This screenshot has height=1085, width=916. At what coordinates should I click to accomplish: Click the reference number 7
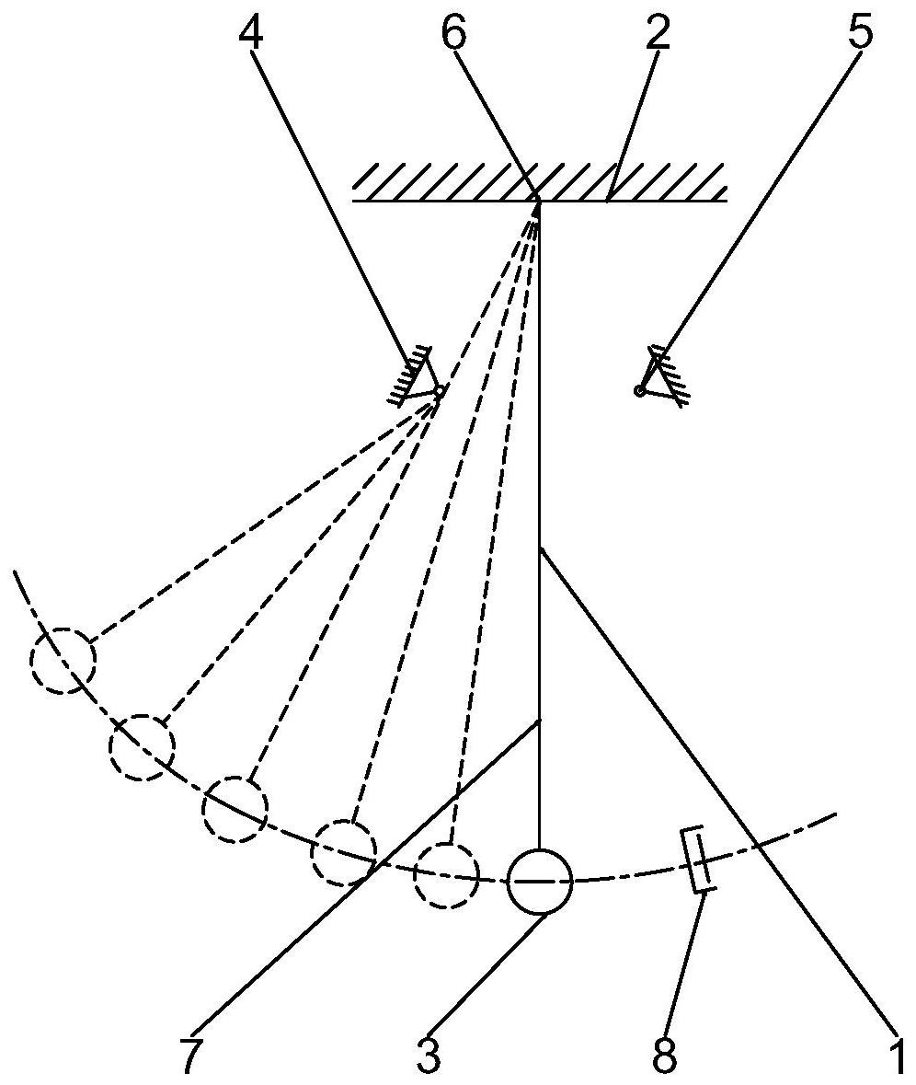(x=189, y=1057)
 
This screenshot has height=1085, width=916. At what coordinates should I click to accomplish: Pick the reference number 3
(x=429, y=1057)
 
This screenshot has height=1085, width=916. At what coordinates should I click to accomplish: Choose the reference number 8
(x=665, y=1057)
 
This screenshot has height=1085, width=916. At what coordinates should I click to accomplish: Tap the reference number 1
(x=895, y=1057)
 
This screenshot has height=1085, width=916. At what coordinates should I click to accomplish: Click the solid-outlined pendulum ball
(x=541, y=881)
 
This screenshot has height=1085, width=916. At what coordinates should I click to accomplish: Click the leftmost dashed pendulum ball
(x=63, y=659)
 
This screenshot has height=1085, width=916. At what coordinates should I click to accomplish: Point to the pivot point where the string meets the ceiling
(x=537, y=202)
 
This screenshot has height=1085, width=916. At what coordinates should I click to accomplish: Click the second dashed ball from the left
(x=142, y=746)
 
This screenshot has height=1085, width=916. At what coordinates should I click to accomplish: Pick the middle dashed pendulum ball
(x=235, y=809)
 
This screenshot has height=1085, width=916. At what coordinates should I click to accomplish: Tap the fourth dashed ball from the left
(x=344, y=852)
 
